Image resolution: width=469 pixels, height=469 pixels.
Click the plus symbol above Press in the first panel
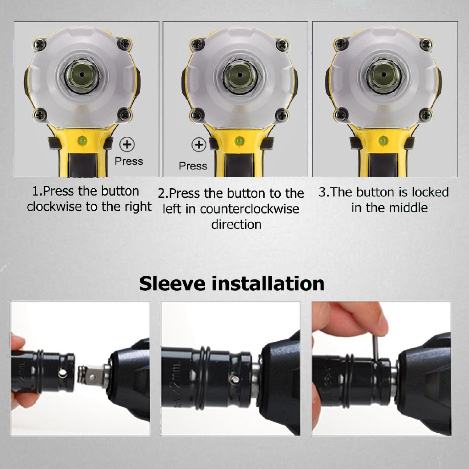click(127, 145)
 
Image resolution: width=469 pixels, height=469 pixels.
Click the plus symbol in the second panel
click(198, 145)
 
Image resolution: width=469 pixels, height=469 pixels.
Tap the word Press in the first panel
click(129, 161)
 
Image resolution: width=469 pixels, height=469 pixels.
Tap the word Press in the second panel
click(193, 166)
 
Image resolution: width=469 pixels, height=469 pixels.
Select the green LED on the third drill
click(384, 139)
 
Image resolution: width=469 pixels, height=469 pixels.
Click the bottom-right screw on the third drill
click(425, 114)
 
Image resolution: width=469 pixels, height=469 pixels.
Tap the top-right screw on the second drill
click(281, 45)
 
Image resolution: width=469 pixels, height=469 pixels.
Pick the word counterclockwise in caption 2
click(249, 209)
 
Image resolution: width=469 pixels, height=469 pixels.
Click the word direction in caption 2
click(236, 224)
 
